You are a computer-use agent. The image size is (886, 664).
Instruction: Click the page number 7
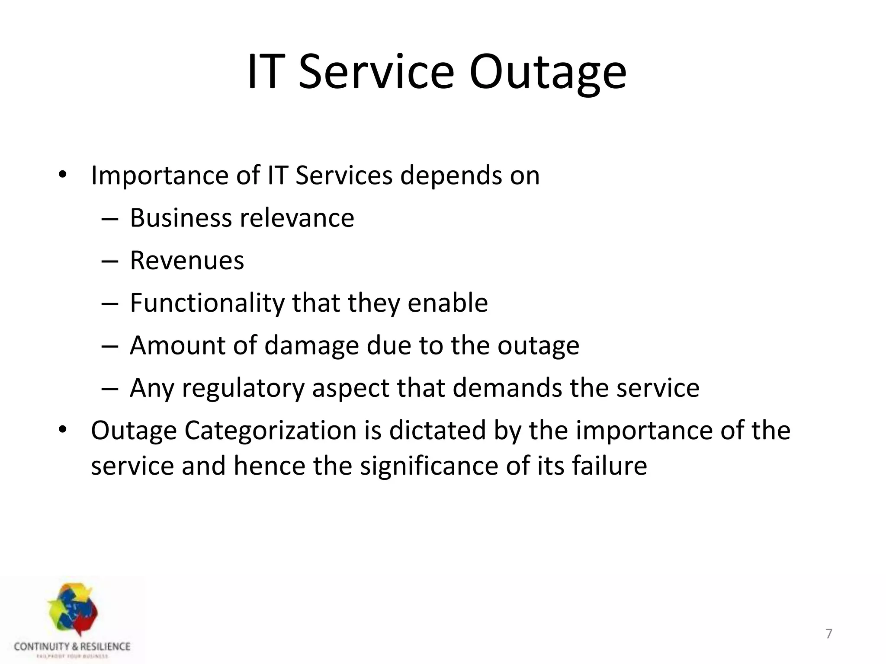click(829, 634)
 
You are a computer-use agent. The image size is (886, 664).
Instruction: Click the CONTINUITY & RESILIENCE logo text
click(72, 647)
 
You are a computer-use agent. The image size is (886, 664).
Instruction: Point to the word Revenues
click(187, 260)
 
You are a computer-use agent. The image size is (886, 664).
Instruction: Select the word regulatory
click(244, 388)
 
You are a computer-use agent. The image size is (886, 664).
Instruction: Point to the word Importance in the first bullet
click(160, 176)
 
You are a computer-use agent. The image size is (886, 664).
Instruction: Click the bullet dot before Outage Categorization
click(63, 430)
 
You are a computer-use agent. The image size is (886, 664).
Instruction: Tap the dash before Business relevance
click(109, 219)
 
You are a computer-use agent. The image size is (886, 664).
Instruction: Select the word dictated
click(437, 431)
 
